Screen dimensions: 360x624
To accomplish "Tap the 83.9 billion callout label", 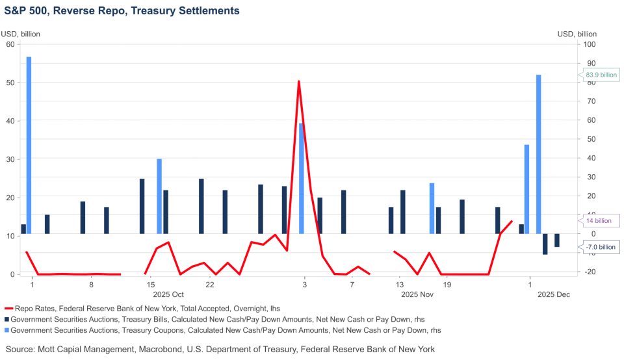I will [x=601, y=75].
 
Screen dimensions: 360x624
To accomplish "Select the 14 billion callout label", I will [x=598, y=220].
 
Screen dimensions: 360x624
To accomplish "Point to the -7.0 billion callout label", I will [x=601, y=247].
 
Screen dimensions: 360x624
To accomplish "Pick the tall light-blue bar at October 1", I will [x=29, y=143].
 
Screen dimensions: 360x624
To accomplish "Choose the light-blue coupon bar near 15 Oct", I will [x=159, y=195].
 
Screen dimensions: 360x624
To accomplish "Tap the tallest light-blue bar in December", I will [x=539, y=153].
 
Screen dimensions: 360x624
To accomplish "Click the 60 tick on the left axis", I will [x=10, y=44].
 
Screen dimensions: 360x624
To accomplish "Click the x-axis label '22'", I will [x=210, y=285].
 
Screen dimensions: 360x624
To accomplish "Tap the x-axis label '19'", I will [x=447, y=285].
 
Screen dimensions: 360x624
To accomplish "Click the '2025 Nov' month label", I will [x=417, y=295].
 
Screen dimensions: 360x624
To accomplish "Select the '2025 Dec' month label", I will [x=553, y=295].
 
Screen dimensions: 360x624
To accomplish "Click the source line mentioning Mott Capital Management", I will [x=220, y=349].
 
